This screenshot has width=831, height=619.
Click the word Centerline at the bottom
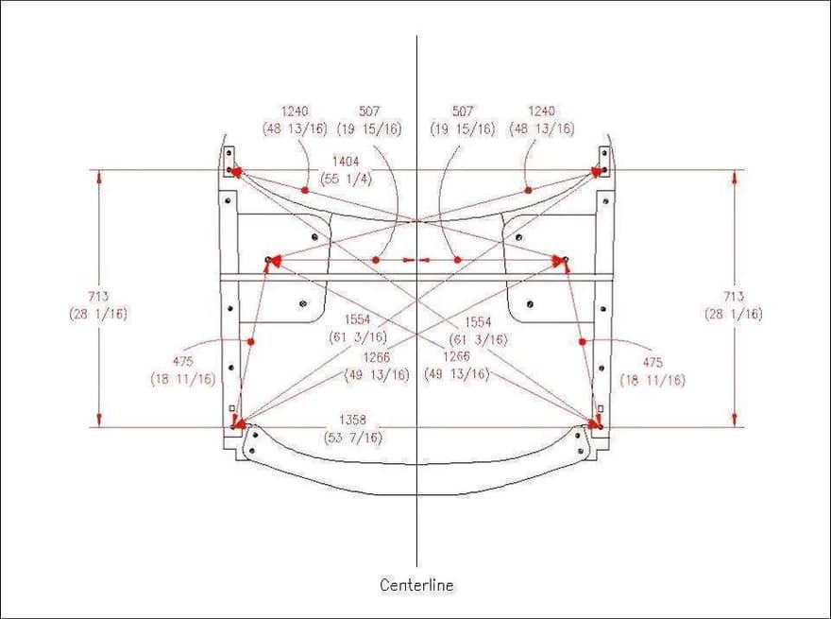tap(416, 585)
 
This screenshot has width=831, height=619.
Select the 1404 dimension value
tap(346, 162)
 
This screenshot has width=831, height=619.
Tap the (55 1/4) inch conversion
tap(348, 180)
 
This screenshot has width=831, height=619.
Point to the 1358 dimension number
tap(352, 420)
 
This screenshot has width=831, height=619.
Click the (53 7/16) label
tap(353, 438)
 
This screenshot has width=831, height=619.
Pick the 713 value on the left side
tap(98, 296)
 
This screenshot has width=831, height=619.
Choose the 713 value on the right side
tap(734, 296)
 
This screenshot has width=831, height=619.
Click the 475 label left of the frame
tap(183, 362)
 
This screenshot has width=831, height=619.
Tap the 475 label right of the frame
tap(653, 362)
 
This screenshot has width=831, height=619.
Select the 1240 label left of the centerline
tap(295, 111)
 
